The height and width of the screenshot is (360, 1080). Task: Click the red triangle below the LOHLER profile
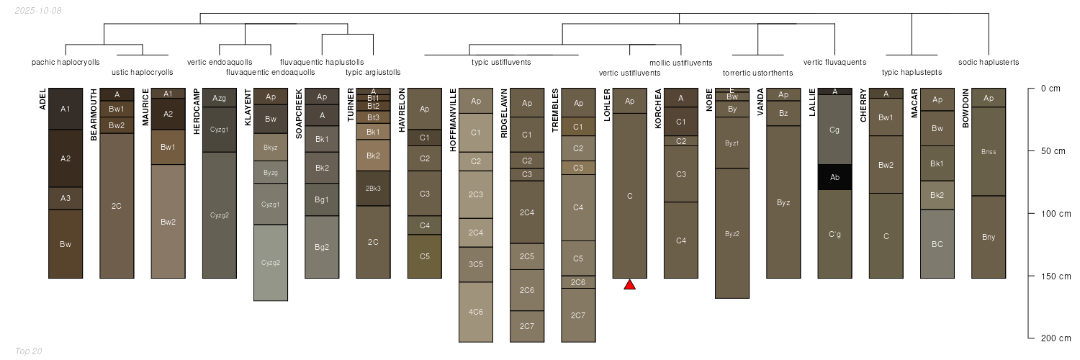629,285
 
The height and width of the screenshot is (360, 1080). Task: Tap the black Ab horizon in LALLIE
834,177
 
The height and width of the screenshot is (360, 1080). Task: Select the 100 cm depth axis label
1056,214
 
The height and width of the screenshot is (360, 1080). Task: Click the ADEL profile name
42,99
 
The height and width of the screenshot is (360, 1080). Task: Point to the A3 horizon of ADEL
66,199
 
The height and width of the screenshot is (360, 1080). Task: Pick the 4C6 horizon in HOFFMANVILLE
476,312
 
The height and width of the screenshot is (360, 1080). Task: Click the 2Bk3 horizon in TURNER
373,189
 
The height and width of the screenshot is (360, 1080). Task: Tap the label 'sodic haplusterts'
989,62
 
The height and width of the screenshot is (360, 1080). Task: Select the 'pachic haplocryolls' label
66,62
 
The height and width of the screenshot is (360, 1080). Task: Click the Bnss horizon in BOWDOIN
989,152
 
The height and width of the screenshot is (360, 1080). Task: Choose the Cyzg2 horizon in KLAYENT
271,263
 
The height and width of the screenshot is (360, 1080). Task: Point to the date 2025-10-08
38,11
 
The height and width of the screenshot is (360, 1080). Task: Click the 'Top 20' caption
29,351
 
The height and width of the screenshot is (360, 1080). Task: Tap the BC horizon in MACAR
937,244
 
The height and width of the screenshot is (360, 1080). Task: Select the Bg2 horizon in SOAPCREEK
322,247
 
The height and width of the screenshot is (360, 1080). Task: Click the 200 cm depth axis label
1056,338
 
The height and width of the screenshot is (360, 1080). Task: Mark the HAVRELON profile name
402,110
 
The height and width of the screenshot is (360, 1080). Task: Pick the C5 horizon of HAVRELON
424,256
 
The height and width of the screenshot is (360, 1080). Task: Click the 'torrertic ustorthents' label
757,73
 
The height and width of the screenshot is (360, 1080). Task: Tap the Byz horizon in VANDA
783,202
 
